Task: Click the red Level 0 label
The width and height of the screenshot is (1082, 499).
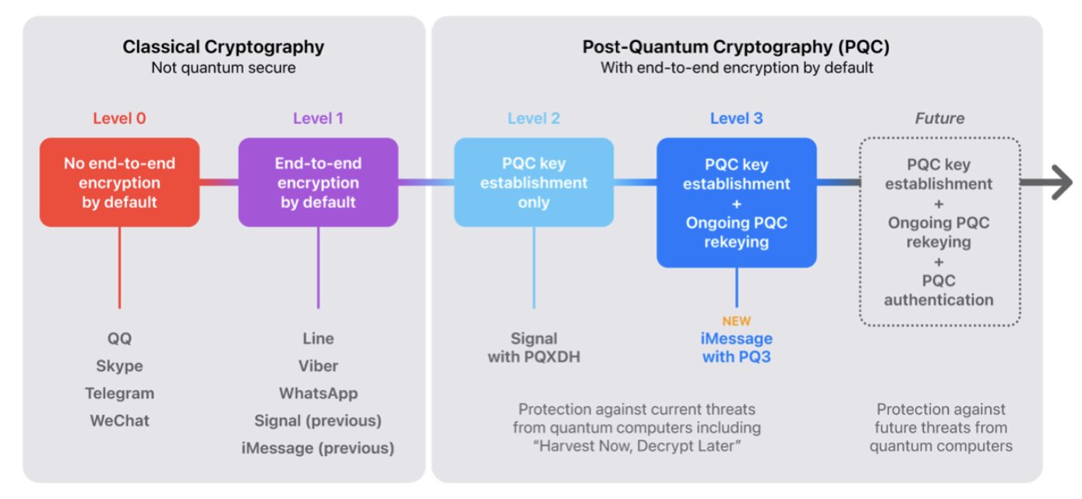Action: pos(119,119)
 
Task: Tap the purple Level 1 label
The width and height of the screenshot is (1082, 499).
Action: pos(318,119)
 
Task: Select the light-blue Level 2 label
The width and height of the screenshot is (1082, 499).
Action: pos(534,119)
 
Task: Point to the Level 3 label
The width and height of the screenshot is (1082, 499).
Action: pos(736,119)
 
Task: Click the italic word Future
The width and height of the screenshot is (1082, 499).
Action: pos(939,119)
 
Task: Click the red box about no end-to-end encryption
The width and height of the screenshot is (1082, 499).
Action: pos(119,182)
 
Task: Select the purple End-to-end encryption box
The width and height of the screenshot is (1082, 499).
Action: pos(318,182)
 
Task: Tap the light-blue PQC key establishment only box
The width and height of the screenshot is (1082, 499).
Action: pos(534,182)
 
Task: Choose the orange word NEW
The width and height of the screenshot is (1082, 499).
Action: pos(736,321)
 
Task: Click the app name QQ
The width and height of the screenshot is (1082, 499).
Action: pos(119,338)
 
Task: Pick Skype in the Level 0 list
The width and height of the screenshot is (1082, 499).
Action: pos(119,366)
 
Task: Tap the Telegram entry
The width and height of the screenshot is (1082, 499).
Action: pos(119,393)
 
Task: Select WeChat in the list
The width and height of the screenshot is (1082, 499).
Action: pos(119,421)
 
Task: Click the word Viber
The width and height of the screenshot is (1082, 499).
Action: pos(318,366)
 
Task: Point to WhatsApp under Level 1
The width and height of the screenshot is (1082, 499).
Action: pos(318,393)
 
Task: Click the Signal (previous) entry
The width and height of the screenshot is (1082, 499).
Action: pos(318,421)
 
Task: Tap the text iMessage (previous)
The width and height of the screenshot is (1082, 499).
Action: pos(318,448)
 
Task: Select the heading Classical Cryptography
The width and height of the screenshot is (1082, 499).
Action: pos(223,48)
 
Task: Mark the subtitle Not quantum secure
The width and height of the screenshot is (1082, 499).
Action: pos(223,68)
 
